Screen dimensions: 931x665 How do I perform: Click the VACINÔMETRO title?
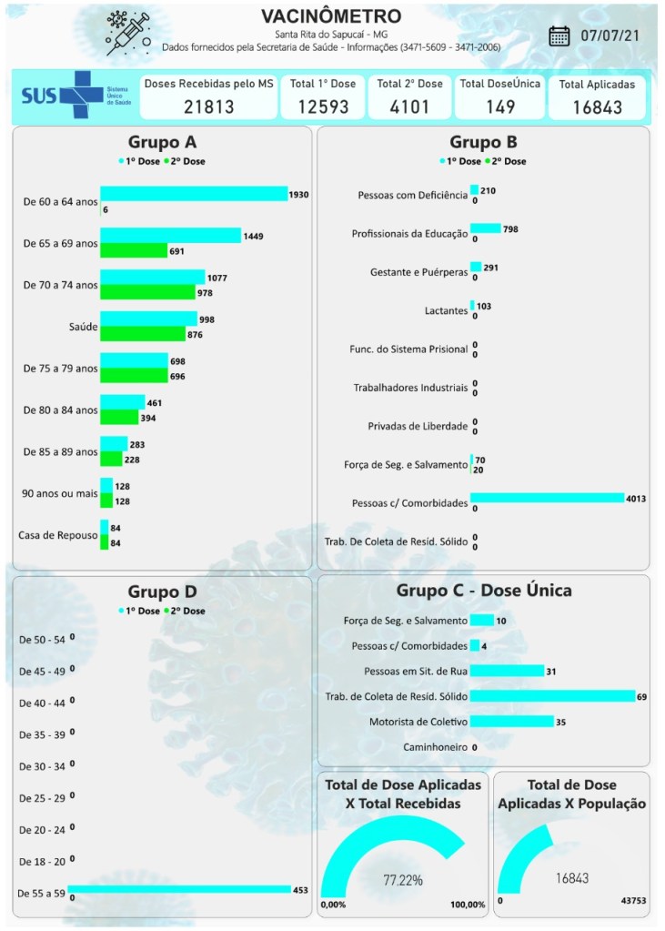coord(330,17)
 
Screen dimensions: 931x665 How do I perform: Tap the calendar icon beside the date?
coord(559,36)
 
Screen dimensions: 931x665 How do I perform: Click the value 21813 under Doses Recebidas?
coord(208,106)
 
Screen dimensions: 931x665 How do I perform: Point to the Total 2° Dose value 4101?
coord(409,106)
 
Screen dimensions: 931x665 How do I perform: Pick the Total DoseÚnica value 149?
coord(500,106)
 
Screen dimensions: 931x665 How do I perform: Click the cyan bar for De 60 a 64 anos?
coord(194,194)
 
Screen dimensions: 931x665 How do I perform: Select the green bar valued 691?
coord(134,250)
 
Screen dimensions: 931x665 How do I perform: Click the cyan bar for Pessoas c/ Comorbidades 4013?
coord(547,498)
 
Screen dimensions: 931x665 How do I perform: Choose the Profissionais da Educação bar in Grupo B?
coord(486,228)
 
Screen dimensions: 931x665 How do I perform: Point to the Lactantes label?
coord(446,310)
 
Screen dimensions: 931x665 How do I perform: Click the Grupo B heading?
coord(483,142)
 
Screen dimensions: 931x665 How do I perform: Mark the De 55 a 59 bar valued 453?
coord(178,890)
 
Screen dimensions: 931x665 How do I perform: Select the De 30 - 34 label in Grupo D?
coord(42,766)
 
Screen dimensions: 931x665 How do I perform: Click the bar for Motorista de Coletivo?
coord(512,721)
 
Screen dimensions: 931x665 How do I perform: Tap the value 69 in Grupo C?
coord(641,696)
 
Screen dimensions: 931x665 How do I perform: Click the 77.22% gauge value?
coord(403,880)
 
